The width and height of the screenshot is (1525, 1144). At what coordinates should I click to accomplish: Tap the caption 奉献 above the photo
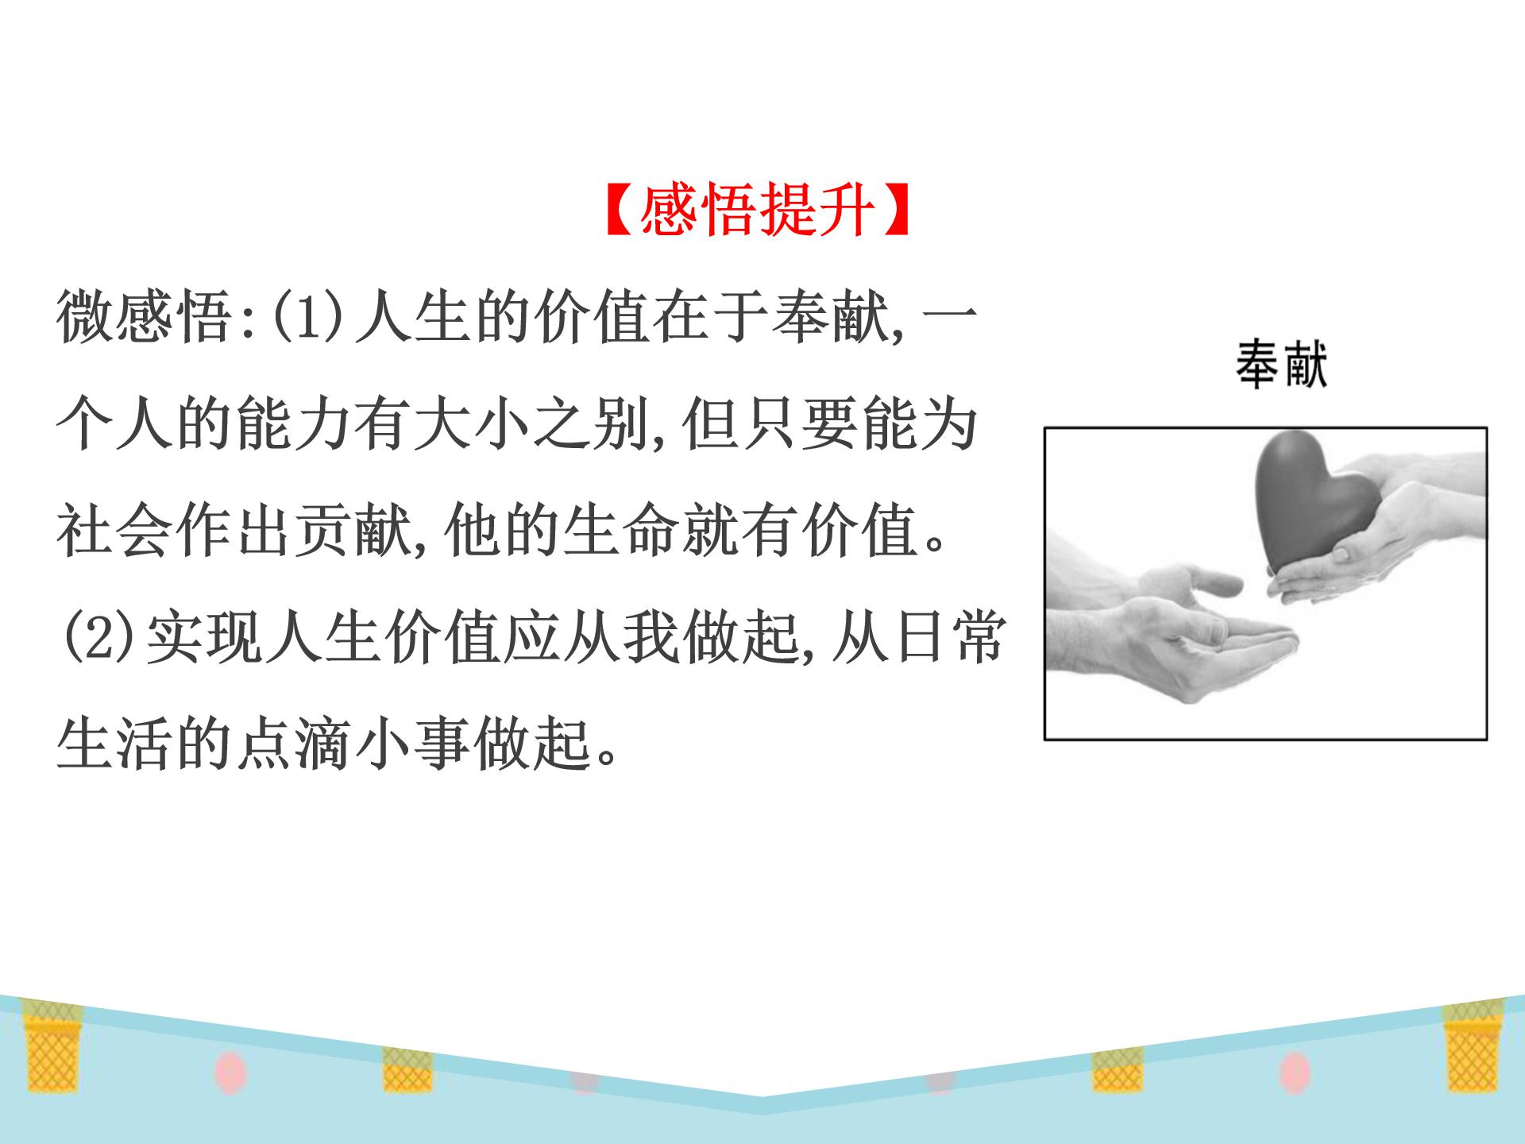[x=1281, y=365]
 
